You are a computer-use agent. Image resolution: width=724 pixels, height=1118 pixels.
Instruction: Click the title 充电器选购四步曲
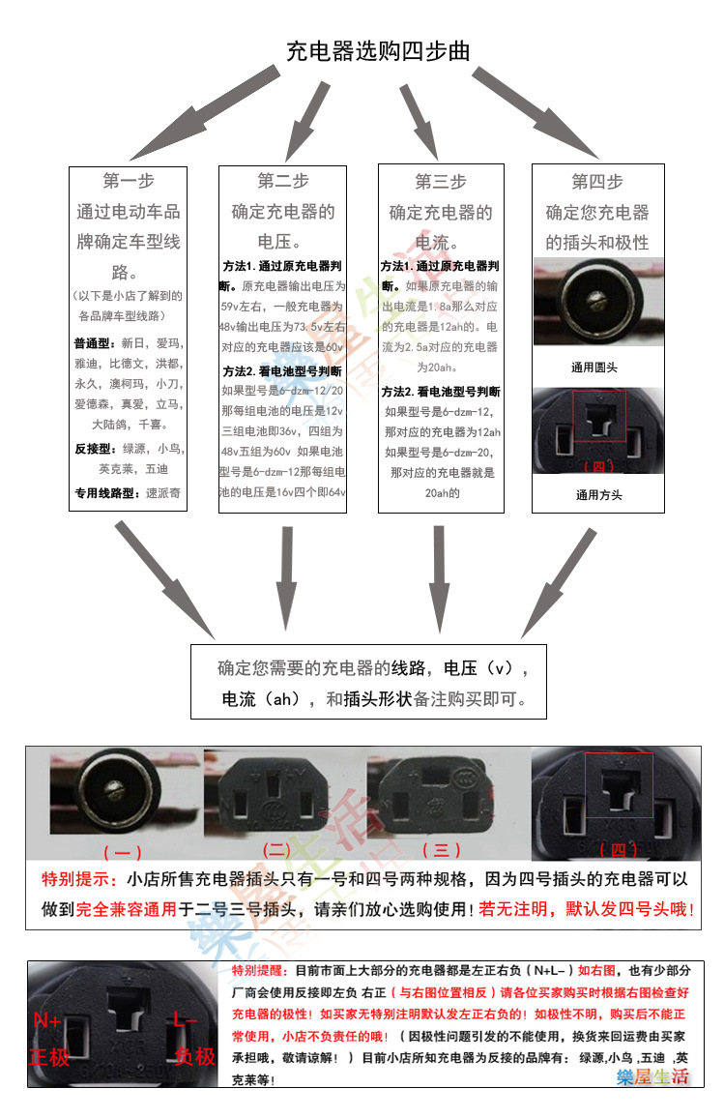point(378,51)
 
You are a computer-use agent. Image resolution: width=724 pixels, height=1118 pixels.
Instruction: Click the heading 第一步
point(129,181)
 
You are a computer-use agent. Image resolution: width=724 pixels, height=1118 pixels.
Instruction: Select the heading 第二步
point(283,181)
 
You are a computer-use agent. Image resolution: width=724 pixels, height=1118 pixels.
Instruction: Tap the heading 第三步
point(441,182)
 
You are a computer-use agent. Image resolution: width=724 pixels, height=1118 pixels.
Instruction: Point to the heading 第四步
point(597,182)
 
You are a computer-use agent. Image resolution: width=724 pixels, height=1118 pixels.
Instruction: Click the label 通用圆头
point(597,368)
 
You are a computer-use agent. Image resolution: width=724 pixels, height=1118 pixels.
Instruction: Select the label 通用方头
point(597,495)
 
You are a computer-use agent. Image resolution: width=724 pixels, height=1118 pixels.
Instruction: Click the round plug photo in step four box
point(597,302)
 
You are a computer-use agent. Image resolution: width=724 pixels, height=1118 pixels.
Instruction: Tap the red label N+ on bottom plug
point(48,1020)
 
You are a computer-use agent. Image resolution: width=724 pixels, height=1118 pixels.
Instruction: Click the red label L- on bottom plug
point(186,1020)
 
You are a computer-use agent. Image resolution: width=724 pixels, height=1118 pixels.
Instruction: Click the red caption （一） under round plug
point(122,852)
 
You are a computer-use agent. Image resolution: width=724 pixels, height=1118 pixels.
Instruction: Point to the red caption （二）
point(276,850)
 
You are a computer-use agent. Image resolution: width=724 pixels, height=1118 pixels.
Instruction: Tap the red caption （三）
point(441,850)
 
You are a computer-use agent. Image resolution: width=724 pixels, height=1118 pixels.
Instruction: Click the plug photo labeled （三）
point(441,794)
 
